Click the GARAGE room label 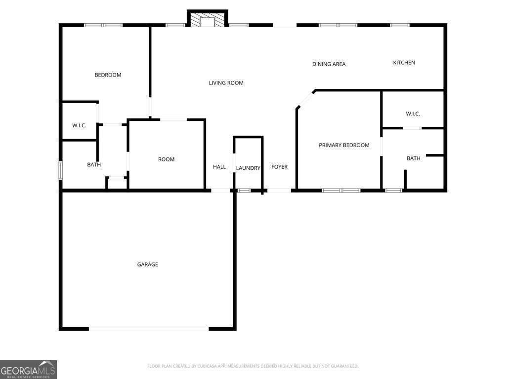coord(147,265)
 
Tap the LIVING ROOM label coord(226,83)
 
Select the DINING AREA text coord(329,64)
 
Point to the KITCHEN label coord(404,63)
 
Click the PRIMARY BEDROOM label coord(344,145)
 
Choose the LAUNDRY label coord(248,168)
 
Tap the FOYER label coord(279,167)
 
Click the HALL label coord(219,167)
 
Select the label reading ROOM coord(166,159)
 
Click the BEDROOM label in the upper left coord(108,75)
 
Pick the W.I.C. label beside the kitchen coord(413,114)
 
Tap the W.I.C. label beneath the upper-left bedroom coord(79,126)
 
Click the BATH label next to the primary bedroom coord(413,158)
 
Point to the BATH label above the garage coord(94,165)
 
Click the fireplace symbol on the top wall coord(207,20)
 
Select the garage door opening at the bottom coord(149,328)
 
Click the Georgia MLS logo coord(28,369)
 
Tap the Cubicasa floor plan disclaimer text coord(253,366)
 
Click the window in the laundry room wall coord(244,190)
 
